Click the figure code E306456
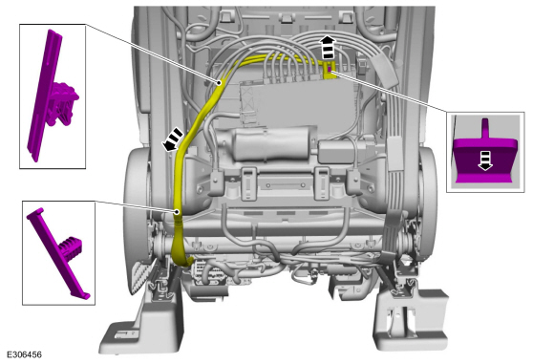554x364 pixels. [x=25, y=354]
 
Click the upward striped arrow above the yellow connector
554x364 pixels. [x=329, y=48]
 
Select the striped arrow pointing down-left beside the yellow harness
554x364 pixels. [x=173, y=139]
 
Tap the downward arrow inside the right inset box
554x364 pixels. [x=485, y=161]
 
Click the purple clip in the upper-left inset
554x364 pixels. [x=53, y=96]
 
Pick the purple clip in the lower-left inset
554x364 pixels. [x=58, y=253]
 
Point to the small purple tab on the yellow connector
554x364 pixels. [x=330, y=70]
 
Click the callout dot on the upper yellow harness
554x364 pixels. [x=220, y=83]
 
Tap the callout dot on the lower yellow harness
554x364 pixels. [x=177, y=212]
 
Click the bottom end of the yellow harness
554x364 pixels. [x=187, y=263]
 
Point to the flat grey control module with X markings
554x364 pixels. [x=293, y=100]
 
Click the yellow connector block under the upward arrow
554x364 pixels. [x=329, y=71]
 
